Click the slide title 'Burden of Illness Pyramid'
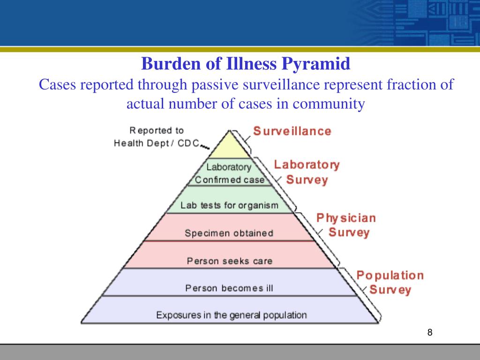246,63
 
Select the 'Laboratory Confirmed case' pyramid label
229,173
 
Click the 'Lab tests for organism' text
229,205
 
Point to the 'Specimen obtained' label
229,233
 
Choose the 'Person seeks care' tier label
229,261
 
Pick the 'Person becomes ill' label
229,288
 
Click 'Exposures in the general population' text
232,315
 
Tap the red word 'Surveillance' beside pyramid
292,131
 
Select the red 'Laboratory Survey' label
307,172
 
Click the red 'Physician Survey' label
346,225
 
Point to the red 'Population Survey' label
390,282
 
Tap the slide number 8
430,333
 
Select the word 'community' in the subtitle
329,104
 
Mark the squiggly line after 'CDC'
204,148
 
